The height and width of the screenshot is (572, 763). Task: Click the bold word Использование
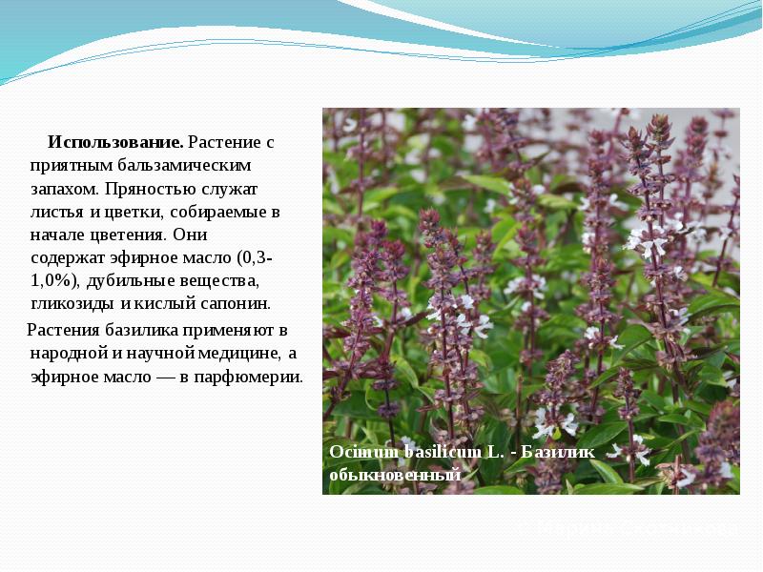point(115,142)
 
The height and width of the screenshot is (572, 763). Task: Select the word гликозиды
point(72,304)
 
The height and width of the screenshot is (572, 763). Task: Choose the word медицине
point(243,353)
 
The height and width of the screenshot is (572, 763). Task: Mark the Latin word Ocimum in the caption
point(354,451)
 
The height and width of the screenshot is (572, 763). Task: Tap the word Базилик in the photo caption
point(552,451)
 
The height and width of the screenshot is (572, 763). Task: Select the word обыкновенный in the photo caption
point(394,474)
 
